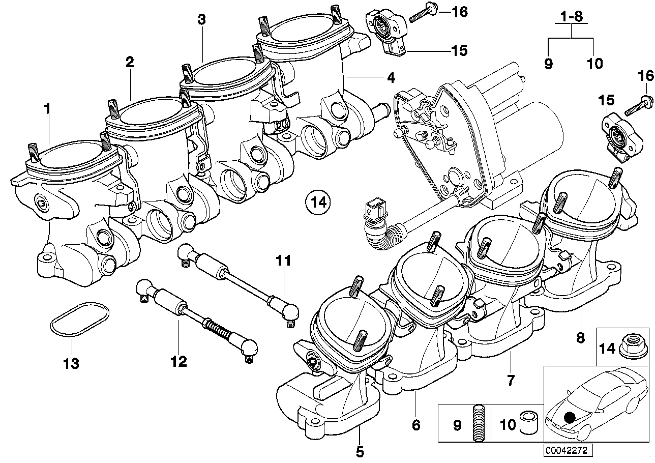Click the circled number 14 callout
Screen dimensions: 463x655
318,202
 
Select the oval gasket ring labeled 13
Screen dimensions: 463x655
79,320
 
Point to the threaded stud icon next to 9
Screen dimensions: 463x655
478,423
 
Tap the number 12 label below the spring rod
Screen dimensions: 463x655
178,362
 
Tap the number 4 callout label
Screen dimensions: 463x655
390,78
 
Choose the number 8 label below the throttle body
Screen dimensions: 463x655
580,336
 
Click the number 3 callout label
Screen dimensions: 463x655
202,20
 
